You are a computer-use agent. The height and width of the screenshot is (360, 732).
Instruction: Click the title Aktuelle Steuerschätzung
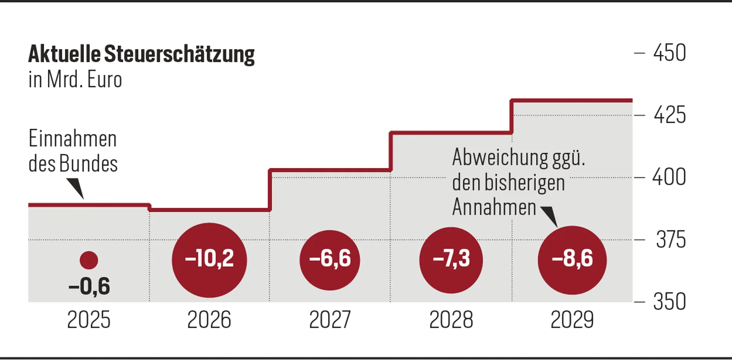(141, 54)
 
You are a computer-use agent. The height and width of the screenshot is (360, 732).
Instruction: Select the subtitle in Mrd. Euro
(75, 80)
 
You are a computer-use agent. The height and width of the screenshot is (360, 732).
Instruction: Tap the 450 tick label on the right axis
(669, 53)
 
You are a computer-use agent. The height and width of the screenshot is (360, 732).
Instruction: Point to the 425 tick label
(669, 115)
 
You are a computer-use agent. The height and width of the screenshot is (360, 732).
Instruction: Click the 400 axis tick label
(669, 178)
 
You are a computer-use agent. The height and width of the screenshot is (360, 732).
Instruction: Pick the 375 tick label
(670, 240)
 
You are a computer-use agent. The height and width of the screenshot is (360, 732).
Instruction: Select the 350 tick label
(669, 302)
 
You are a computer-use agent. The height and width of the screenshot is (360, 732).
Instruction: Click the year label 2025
(89, 320)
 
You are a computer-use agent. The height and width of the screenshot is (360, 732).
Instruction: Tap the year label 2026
(209, 320)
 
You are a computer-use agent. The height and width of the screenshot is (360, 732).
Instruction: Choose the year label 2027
(330, 320)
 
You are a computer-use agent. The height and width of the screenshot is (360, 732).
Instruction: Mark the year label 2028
(451, 320)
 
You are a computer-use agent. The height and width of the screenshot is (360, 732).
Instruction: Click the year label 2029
(572, 320)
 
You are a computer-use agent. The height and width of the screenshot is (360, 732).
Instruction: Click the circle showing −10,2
(209, 260)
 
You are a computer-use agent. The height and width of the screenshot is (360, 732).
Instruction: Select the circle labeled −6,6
(330, 260)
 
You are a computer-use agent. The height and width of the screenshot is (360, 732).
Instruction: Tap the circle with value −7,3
(451, 260)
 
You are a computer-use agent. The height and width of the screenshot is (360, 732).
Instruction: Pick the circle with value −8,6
(572, 260)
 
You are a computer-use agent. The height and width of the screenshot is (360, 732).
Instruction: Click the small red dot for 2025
(89, 260)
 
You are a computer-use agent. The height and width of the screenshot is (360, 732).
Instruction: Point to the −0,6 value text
(89, 287)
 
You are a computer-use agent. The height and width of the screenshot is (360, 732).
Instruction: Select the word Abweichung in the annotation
(500, 158)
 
